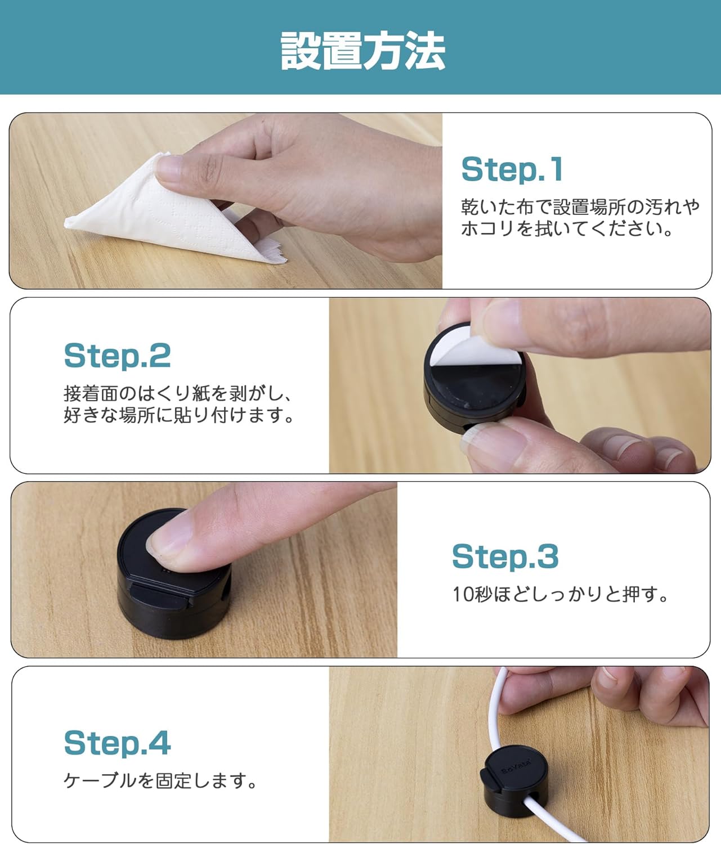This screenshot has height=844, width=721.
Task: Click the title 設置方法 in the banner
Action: pos(362,51)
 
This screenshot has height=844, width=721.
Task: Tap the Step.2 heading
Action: pos(117,356)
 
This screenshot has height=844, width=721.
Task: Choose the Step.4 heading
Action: pos(117,743)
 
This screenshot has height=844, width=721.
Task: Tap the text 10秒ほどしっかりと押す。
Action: pos(560,594)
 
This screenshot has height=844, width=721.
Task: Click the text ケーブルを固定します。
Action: pos(160,781)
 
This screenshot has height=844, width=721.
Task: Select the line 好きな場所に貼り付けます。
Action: pos(178,415)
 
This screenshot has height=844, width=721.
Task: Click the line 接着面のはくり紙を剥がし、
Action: pos(178,394)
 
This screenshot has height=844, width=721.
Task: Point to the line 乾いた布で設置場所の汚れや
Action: pos(580,207)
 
